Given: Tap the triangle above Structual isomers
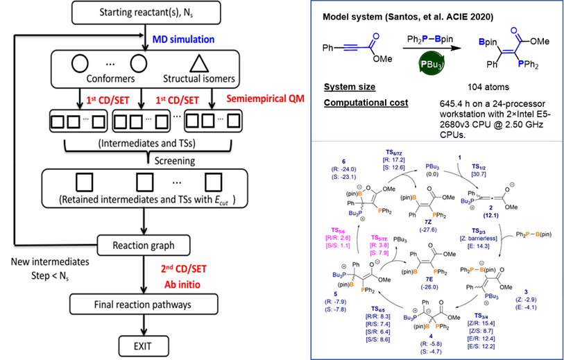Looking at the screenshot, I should (x=199, y=63).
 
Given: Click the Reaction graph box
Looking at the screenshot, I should (x=144, y=246).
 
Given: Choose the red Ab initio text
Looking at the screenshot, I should (x=182, y=283).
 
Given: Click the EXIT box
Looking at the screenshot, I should (x=144, y=345).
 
